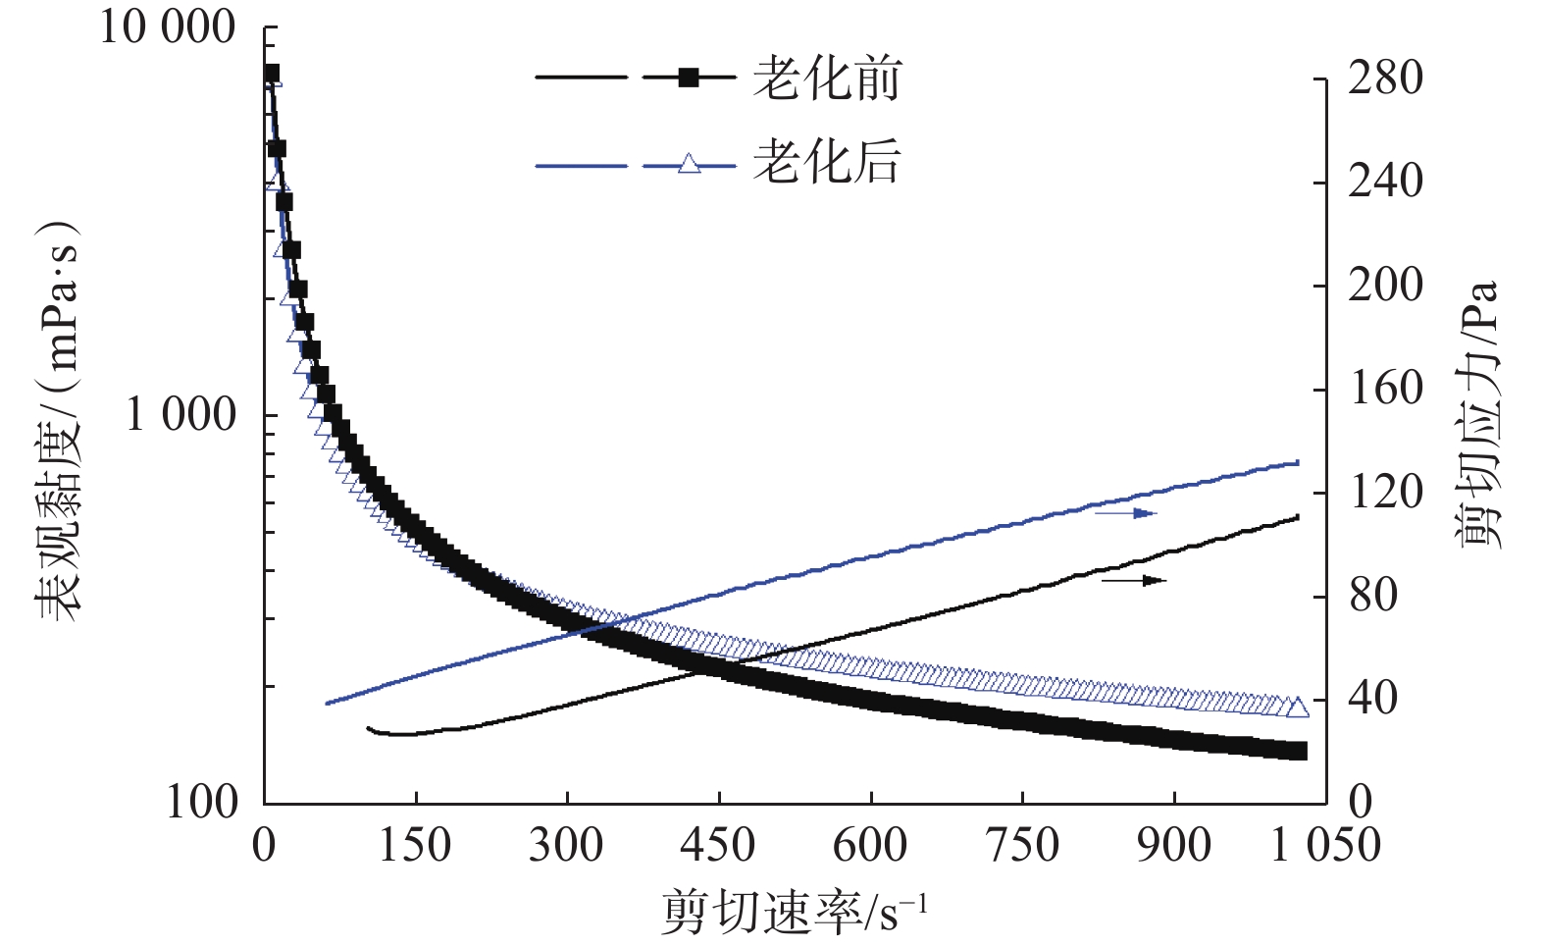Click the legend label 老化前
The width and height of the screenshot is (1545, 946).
click(x=826, y=79)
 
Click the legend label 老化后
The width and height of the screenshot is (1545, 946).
click(x=826, y=162)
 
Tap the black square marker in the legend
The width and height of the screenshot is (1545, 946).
click(x=689, y=78)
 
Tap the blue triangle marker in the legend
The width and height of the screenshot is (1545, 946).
click(x=690, y=163)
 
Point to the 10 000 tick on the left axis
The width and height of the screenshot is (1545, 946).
click(x=168, y=27)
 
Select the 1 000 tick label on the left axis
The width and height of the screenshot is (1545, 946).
click(x=181, y=415)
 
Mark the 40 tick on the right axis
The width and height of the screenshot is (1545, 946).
click(x=1372, y=699)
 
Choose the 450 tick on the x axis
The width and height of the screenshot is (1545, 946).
click(x=719, y=845)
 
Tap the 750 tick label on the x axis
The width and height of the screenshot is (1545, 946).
click(x=1022, y=845)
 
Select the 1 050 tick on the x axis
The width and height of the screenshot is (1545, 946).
click(x=1325, y=845)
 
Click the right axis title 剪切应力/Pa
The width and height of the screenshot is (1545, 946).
click(x=1479, y=412)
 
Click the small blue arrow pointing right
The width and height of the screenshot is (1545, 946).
click(x=1126, y=513)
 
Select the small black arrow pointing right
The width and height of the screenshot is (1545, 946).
click(x=1134, y=581)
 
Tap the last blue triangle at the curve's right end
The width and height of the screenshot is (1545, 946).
click(x=1298, y=708)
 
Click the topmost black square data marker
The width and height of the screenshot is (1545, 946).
click(x=271, y=74)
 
